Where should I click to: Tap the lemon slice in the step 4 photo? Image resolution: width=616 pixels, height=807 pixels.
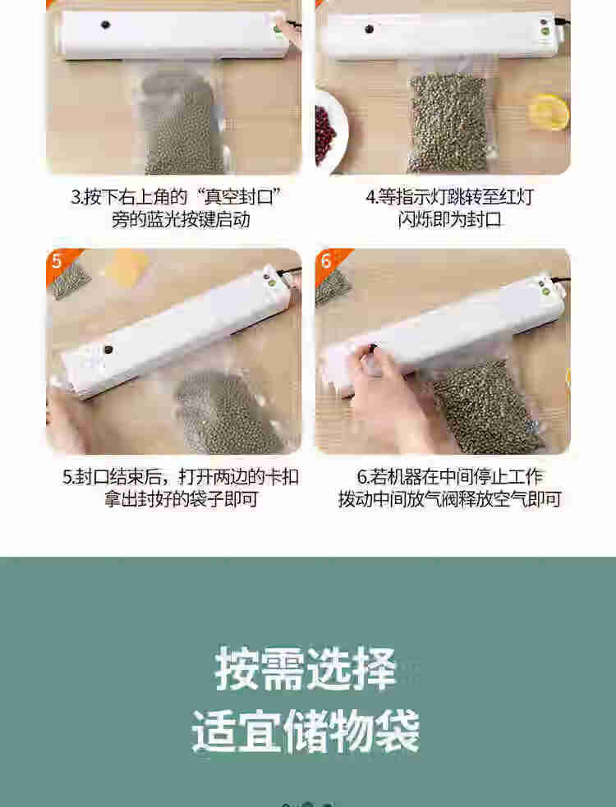tap(549, 111)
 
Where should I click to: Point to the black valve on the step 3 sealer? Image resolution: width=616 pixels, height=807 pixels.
tap(106, 25)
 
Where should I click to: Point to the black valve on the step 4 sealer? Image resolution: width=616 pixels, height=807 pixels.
tap(370, 30)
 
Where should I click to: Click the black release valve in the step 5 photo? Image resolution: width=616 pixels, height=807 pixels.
tap(108, 350)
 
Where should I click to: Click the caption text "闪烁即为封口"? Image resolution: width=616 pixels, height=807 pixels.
tap(449, 220)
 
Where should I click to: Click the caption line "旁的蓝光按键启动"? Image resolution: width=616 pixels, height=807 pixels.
tap(181, 220)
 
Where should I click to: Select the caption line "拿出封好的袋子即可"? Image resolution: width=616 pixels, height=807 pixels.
tap(181, 498)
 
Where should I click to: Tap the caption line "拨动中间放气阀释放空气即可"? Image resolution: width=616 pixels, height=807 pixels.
tap(449, 498)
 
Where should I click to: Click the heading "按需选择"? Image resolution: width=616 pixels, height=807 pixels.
tap(306, 668)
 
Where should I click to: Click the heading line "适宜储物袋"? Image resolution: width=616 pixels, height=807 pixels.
tap(306, 731)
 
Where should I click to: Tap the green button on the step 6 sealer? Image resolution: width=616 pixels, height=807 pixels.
tap(545, 291)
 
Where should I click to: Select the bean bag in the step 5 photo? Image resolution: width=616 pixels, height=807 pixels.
tap(229, 412)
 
